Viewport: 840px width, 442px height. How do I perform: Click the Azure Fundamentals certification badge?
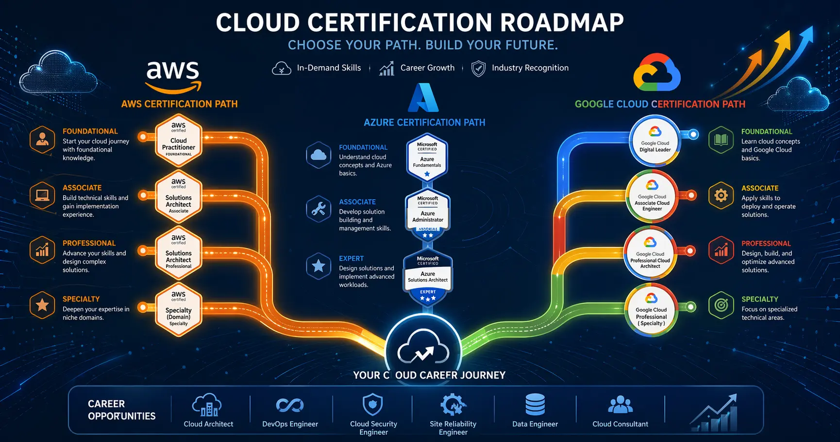tap(427, 158)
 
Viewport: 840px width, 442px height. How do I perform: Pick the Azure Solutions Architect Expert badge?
tap(428, 277)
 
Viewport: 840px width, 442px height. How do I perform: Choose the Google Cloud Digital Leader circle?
tap(655, 141)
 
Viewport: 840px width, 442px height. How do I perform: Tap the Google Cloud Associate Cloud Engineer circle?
tap(652, 197)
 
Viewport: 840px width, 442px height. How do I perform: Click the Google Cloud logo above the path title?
tap(657, 73)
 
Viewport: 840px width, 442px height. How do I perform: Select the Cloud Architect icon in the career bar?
tap(207, 405)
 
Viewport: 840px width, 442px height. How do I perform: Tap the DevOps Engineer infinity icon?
tap(290, 405)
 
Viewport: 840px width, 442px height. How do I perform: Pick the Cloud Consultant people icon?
tap(620, 405)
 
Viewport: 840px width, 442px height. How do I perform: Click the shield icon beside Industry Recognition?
tap(478, 69)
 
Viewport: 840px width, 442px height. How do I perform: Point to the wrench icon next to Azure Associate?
tap(319, 209)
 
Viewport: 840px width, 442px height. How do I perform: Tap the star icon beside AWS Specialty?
tap(42, 305)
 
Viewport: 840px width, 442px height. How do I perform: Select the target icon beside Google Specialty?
tap(721, 305)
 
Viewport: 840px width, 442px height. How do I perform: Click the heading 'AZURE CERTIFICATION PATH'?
tap(424, 123)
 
